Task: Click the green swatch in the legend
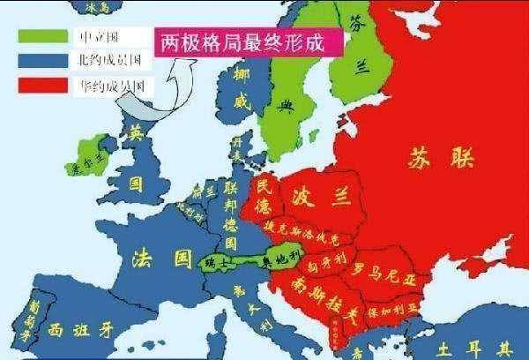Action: [41, 39]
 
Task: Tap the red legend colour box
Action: [41, 85]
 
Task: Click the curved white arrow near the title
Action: [159, 93]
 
